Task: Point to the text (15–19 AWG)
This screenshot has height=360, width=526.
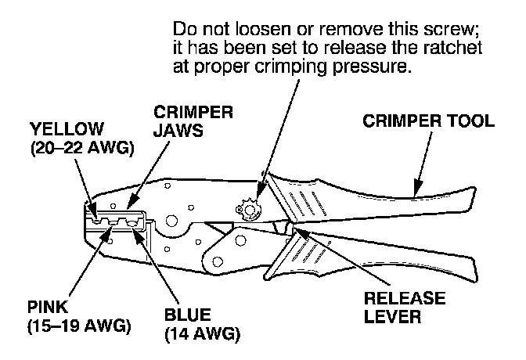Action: [73, 324]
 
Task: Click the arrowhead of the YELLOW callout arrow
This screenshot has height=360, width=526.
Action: [95, 216]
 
